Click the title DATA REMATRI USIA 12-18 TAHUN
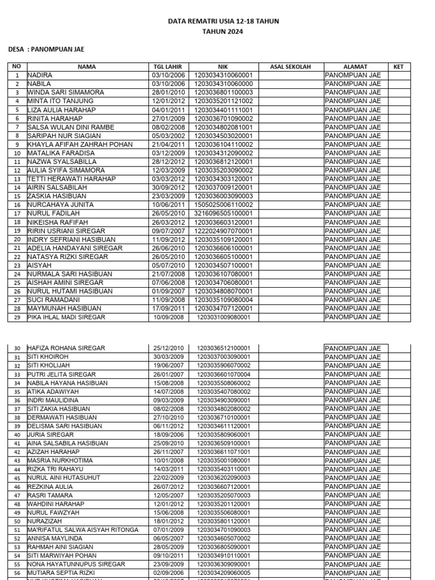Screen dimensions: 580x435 [223, 22]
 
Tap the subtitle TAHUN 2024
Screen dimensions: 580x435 [223, 32]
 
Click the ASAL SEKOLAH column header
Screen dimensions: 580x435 [291, 67]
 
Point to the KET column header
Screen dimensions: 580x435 [398, 67]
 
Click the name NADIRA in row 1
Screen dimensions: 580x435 [40, 75]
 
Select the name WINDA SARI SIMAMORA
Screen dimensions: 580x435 [66, 92]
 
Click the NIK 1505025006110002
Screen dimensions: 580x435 [224, 205]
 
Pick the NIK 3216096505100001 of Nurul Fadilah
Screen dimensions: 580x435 [224, 214]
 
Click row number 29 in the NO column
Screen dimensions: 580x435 [16, 318]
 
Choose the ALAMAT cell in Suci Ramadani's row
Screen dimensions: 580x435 [352, 300]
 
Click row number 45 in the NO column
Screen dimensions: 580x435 [16, 478]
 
